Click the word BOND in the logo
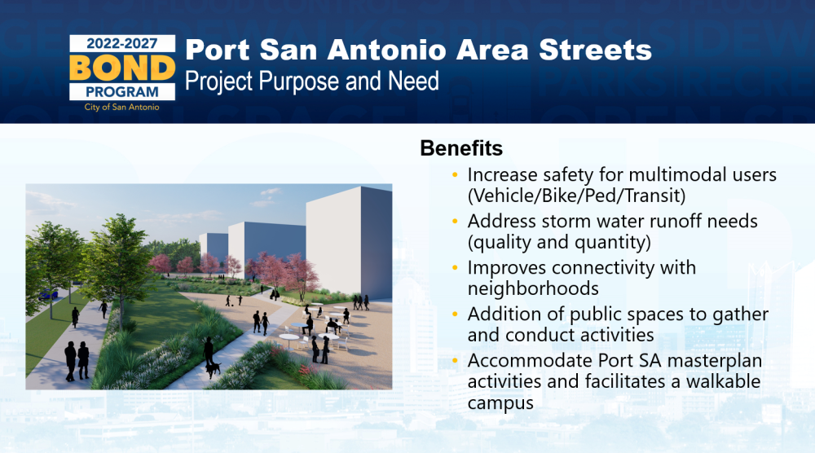coord(122,68)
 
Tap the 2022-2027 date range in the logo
coord(122,44)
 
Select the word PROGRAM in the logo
coord(122,92)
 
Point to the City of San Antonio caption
coord(122,107)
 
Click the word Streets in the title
coord(595,51)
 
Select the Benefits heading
coord(461,148)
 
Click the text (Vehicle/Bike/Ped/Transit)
coord(576,196)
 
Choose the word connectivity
coord(603,268)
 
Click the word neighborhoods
coord(533,288)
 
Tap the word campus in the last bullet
coord(500,403)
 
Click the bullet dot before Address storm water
coord(455,222)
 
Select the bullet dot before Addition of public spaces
coord(455,314)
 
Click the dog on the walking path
coord(213,369)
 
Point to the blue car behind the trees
coord(48,295)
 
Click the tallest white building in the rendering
coord(349,243)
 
